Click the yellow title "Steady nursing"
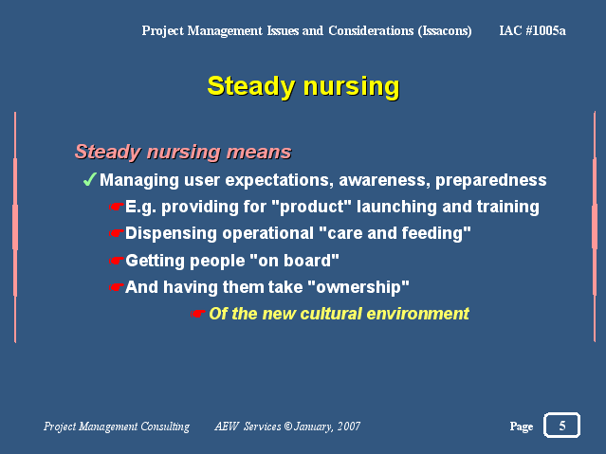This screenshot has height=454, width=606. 303,86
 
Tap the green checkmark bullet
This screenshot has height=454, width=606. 90,179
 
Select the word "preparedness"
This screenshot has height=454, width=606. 491,181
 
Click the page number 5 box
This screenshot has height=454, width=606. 561,425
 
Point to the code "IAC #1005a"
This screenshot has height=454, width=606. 533,30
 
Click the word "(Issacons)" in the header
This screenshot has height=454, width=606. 445,31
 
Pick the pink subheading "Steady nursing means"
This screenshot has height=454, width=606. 183,152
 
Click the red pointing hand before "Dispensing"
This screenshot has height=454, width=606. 116,233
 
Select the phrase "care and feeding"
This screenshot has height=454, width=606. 395,233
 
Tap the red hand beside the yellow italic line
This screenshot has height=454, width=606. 197,314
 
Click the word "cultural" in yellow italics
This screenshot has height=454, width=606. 331,314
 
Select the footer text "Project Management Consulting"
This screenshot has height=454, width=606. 117,427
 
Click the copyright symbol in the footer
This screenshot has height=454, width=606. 288,427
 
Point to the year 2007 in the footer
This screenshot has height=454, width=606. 349,427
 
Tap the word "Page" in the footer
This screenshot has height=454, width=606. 522,427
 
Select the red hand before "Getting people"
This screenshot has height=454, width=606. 116,261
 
